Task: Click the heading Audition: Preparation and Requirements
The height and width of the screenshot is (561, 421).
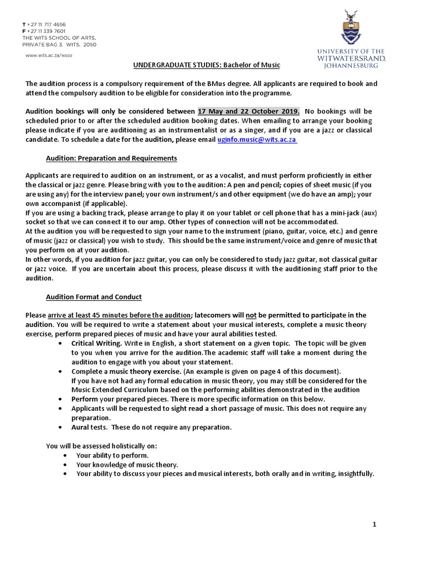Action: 111,158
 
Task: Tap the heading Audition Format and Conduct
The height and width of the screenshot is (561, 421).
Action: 93,297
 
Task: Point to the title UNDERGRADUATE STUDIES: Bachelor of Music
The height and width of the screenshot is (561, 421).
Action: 207,65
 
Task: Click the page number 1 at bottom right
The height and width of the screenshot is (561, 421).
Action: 374,524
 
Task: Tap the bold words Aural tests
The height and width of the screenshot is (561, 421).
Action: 88,427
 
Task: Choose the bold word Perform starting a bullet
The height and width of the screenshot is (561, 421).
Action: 84,399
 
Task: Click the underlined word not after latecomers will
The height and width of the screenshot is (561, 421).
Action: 251,315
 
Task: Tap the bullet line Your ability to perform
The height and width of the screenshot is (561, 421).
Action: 112,455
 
